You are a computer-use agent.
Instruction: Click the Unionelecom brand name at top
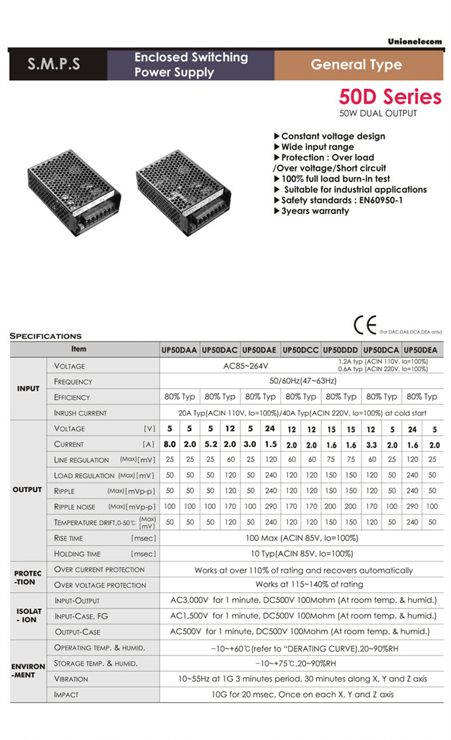(415, 42)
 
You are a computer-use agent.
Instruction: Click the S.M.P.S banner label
(54, 65)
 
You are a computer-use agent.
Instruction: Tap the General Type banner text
(356, 65)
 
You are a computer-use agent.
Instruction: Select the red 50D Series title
(389, 97)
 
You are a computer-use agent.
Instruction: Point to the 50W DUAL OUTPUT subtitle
(378, 113)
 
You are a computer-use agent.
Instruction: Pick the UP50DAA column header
(179, 349)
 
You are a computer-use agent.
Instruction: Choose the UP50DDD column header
(341, 349)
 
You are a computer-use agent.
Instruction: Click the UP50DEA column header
(421, 349)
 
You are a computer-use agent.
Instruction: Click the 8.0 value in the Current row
(170, 444)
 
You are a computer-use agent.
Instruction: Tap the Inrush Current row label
(80, 413)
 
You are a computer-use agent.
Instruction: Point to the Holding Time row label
(78, 554)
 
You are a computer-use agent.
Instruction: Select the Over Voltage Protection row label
(100, 585)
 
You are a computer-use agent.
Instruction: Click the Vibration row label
(71, 679)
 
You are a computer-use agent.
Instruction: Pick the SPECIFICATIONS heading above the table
(46, 336)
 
